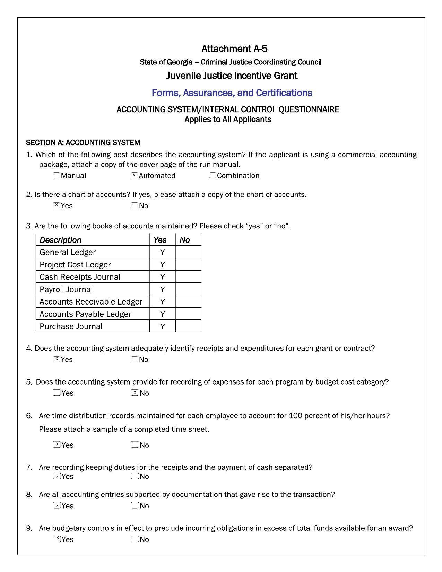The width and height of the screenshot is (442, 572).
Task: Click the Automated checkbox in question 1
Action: click(135, 175)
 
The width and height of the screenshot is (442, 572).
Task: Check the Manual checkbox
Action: click(57, 175)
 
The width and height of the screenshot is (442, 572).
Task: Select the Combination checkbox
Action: click(213, 175)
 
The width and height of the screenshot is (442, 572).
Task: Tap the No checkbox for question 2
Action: click(135, 205)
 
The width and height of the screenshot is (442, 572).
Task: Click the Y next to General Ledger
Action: click(162, 252)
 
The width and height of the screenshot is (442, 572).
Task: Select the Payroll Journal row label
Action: click(66, 289)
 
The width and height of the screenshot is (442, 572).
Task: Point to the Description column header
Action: click(60, 240)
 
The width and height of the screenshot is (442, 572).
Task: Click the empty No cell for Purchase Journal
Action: click(188, 326)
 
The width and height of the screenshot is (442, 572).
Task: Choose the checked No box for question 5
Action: click(135, 393)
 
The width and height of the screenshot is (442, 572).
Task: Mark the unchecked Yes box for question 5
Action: click(57, 393)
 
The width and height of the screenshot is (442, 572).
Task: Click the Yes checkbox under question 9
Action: click(57, 539)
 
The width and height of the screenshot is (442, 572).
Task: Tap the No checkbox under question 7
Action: click(135, 476)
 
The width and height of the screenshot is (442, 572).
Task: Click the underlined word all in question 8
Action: click(56, 495)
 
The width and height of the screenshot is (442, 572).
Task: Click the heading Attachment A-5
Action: click(234, 49)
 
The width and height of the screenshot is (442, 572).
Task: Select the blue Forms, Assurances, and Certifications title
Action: click(232, 93)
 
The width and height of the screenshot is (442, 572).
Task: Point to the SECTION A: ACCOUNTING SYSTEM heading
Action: click(83, 143)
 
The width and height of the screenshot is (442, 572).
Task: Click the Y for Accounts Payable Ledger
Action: click(162, 314)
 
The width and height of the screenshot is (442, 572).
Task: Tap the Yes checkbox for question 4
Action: click(57, 359)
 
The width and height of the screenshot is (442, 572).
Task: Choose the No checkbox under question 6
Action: click(135, 445)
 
